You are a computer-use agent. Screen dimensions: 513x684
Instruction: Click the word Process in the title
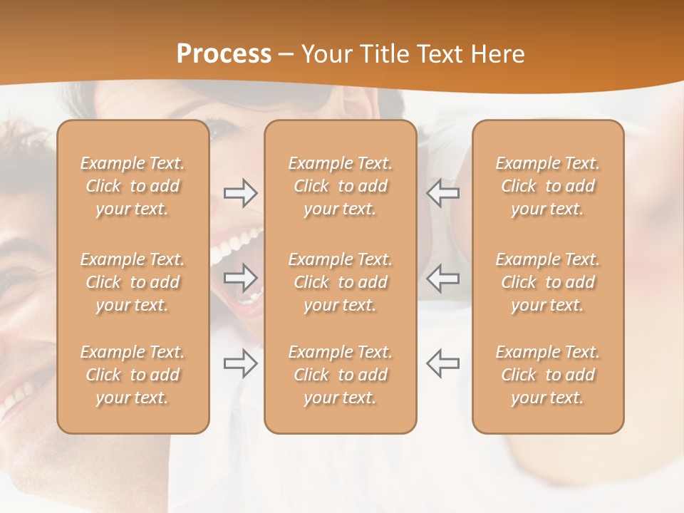224,54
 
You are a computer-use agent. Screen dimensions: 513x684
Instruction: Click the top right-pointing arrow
240,193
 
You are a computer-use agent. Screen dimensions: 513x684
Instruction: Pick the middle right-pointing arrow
240,278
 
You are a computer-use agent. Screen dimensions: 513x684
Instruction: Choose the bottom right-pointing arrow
240,363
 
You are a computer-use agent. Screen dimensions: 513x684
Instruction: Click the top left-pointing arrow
443,193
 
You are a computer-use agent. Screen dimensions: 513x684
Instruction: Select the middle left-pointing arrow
443,278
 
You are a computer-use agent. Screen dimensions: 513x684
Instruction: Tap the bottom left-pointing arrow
443,363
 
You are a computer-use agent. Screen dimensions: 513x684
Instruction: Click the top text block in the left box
133,186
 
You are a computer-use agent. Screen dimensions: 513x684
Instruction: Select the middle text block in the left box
133,282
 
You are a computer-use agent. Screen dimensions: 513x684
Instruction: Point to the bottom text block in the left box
133,375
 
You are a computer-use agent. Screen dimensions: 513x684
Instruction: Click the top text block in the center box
341,186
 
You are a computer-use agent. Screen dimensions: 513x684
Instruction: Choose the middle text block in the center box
341,282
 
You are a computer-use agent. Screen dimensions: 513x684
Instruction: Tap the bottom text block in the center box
341,375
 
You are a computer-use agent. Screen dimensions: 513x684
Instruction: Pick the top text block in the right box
548,186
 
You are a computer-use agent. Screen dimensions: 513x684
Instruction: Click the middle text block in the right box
548,282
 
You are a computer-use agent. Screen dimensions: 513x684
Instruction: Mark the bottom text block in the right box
548,375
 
